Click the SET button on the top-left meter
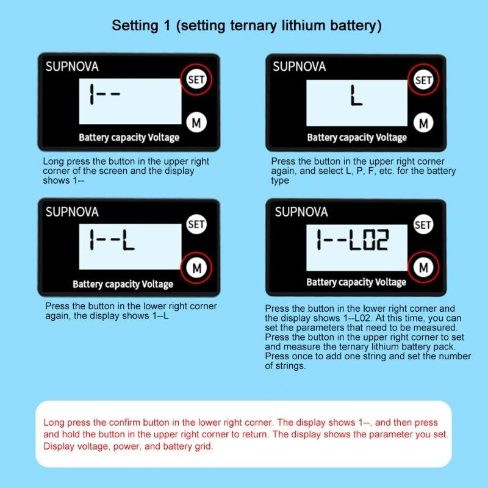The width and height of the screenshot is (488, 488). (196, 79)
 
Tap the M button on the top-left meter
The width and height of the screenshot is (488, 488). (196, 122)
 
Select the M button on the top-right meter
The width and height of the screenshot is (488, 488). (423, 123)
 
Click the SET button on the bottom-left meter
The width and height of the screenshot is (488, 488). (196, 224)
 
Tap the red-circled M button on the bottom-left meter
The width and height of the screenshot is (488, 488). (196, 267)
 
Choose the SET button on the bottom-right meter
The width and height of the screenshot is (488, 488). (423, 224)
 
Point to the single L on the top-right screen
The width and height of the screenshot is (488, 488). (356, 96)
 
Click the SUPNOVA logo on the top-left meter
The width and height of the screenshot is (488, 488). (72, 66)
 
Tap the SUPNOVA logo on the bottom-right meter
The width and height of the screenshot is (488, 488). (301, 212)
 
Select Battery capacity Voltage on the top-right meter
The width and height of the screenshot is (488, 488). (357, 137)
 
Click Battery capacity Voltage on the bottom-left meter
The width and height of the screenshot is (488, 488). (123, 284)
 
